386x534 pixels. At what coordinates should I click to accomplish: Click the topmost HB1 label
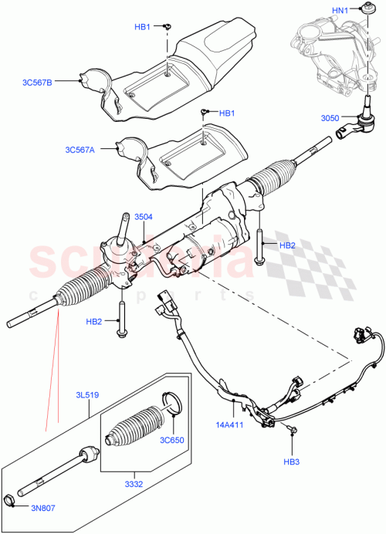(x=143, y=27)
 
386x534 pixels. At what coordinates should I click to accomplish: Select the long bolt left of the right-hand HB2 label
(x=261, y=245)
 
